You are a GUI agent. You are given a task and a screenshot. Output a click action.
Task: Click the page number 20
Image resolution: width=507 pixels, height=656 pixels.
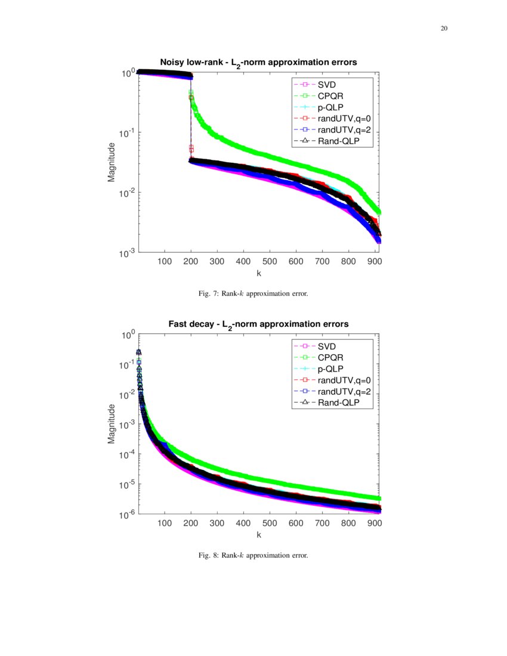coord(444,29)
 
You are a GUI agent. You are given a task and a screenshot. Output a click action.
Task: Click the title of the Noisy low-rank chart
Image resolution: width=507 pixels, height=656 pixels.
coord(258,62)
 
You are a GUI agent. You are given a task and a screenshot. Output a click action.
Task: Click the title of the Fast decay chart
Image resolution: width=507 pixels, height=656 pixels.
coord(258,323)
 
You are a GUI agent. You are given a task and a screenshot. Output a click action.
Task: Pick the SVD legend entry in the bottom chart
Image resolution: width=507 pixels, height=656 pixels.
coord(326,346)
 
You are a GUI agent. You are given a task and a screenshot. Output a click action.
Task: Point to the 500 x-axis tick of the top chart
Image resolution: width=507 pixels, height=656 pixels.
coord(270,261)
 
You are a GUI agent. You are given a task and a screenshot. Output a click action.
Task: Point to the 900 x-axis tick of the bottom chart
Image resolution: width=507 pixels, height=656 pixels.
coord(374,523)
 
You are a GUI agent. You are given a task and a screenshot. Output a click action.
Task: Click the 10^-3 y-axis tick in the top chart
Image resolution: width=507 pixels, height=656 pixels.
coord(126,254)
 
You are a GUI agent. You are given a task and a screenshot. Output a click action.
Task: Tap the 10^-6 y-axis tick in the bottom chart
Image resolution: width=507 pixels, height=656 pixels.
coord(126,515)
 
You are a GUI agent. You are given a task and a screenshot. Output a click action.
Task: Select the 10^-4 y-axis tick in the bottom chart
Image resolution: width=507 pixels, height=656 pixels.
coord(126,455)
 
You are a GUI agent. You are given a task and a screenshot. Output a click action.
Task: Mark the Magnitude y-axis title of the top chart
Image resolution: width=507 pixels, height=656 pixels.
coord(112,163)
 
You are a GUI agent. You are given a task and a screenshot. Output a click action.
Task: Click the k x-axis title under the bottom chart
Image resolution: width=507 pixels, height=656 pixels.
coord(259,534)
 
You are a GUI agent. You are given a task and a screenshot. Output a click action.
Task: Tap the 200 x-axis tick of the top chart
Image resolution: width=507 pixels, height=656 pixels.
coord(191,261)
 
